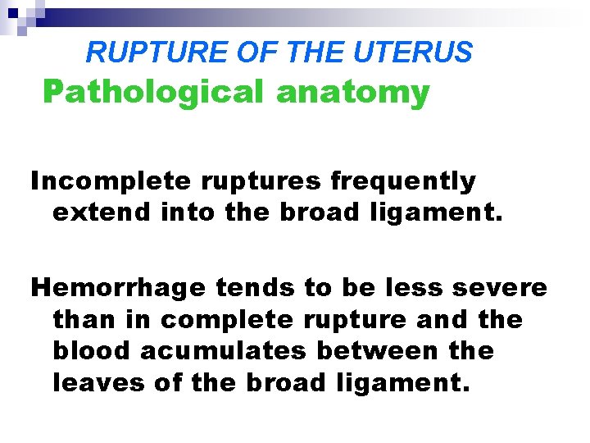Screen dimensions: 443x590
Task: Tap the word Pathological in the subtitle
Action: [x=154, y=93]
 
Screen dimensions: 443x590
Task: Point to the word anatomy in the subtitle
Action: [x=352, y=93]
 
